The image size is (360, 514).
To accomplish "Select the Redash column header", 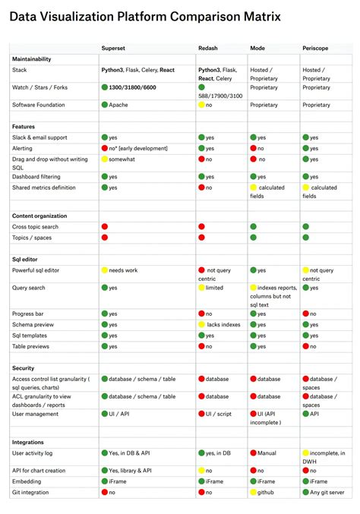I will [208, 48].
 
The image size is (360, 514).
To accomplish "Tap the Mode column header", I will [257, 48].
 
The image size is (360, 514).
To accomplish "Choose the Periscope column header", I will [317, 48].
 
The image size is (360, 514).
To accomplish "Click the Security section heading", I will [24, 367].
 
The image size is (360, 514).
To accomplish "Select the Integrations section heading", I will [29, 442].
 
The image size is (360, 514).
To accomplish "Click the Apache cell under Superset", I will [118, 105].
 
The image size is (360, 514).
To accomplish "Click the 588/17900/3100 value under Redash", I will [221, 96].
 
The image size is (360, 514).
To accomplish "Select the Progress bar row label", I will [28, 314].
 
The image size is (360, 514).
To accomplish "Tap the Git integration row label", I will [31, 492].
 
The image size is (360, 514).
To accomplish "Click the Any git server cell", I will [327, 492].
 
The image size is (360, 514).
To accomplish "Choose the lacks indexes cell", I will [223, 324].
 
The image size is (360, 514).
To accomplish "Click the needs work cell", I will [123, 270].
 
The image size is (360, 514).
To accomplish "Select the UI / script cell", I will [219, 414].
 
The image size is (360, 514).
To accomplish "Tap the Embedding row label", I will [27, 481].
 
